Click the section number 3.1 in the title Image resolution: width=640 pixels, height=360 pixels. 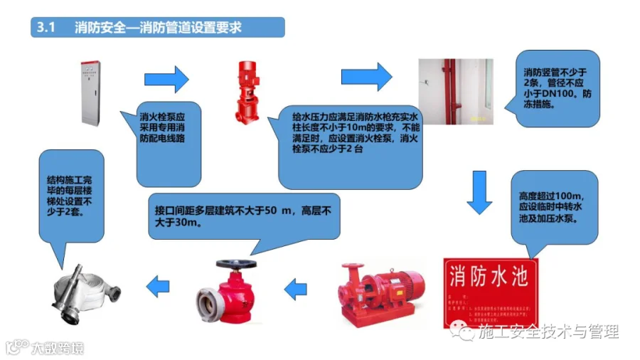[46, 28]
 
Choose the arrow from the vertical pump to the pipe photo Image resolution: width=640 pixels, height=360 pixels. [366, 76]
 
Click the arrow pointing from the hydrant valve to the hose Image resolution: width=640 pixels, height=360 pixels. [157, 287]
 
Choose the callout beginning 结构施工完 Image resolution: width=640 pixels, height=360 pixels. [65, 193]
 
